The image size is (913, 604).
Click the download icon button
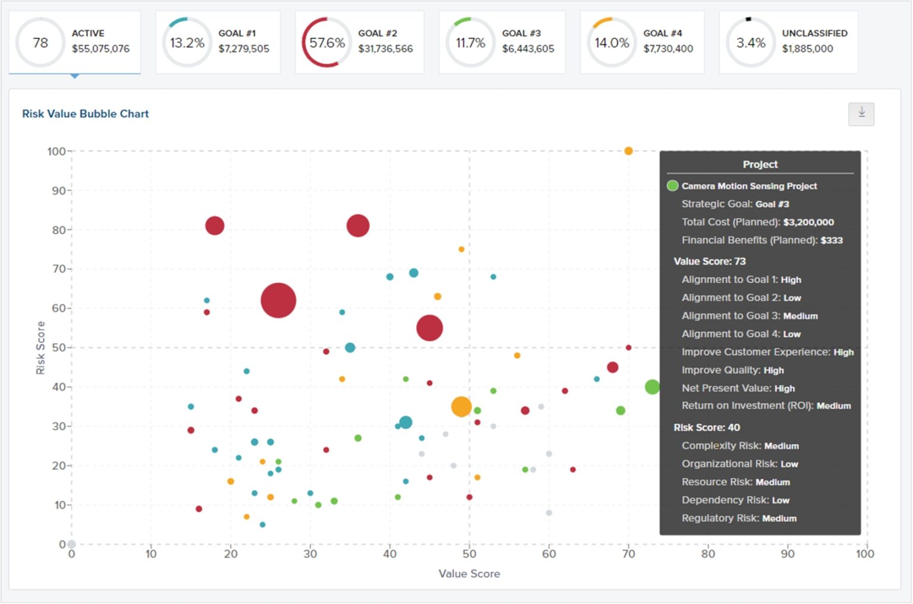pos(861,114)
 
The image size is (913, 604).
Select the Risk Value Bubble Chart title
pos(85,114)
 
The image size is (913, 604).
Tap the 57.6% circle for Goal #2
pos(326,43)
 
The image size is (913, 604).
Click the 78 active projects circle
pos(40,43)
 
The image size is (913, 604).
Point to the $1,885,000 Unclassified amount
pos(807,49)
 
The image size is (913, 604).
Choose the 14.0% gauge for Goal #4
pos(611,43)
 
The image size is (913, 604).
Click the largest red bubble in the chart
pos(278,300)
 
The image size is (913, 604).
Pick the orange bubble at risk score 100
pos(628,151)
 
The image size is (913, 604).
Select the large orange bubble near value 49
pos(461,407)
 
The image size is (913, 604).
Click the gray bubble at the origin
pos(71,544)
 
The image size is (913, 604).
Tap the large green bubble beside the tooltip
pos(652,387)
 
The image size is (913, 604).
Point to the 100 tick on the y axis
pos(56,151)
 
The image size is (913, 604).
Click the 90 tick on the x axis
pos(787,554)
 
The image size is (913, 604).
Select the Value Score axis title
pos(469,574)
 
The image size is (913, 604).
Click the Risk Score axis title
pos(40,348)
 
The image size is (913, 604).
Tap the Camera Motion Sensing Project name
pos(749,186)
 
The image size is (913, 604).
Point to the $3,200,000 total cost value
pos(808,222)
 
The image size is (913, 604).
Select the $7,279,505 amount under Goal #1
pos(244,49)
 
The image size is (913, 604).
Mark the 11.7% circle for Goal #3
pos(470,43)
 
